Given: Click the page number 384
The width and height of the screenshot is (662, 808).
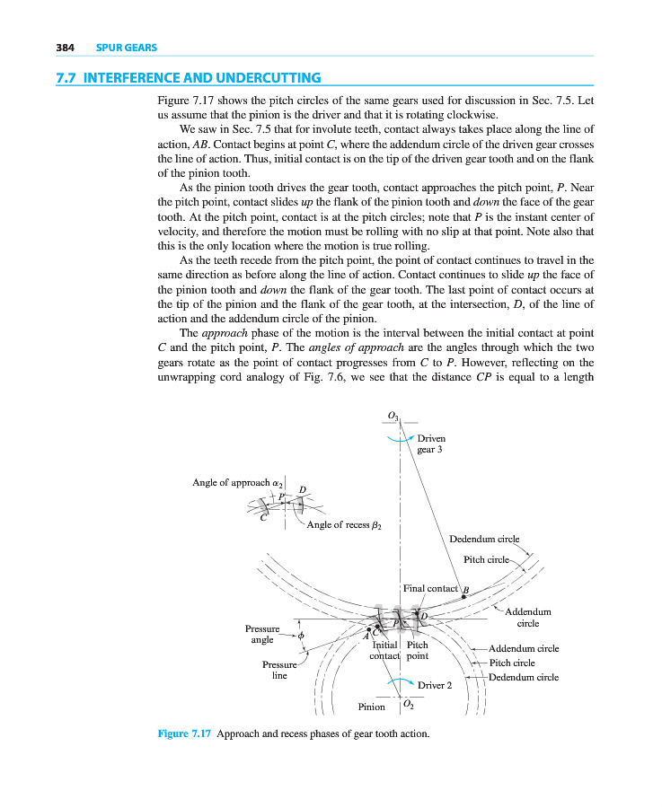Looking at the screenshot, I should [x=64, y=47].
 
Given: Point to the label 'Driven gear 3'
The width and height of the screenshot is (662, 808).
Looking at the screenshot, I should [x=431, y=444].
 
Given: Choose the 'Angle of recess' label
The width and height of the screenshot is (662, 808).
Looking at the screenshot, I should [x=343, y=524].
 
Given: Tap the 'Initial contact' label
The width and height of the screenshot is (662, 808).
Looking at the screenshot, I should [x=385, y=650].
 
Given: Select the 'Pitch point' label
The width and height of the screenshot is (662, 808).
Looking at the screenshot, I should [x=418, y=650].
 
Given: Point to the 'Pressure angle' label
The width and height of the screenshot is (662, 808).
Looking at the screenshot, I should [x=262, y=634].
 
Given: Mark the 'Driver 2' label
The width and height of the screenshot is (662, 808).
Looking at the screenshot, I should [x=436, y=685].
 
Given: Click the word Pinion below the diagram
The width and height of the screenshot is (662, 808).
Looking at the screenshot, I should [x=372, y=707].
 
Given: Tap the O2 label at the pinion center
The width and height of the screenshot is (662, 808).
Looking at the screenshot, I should [x=408, y=705].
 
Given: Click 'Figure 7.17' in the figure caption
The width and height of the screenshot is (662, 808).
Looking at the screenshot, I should [x=184, y=733].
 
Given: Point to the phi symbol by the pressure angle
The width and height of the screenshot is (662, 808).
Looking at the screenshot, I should [x=302, y=636].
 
